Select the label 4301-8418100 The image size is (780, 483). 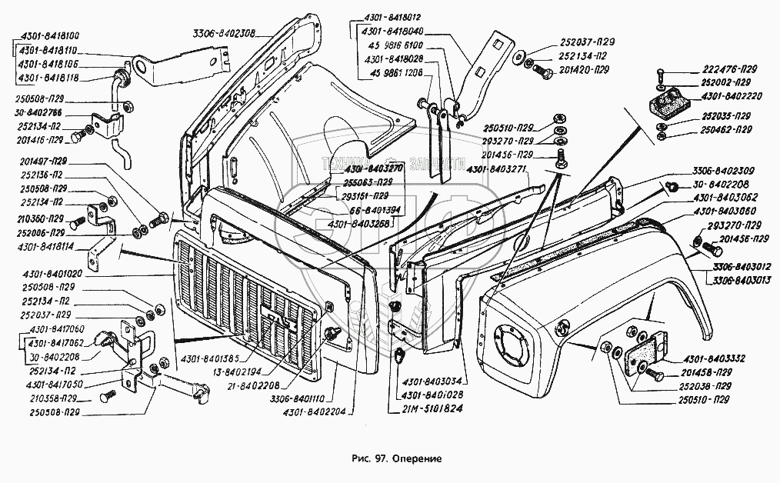pos(45,36)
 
